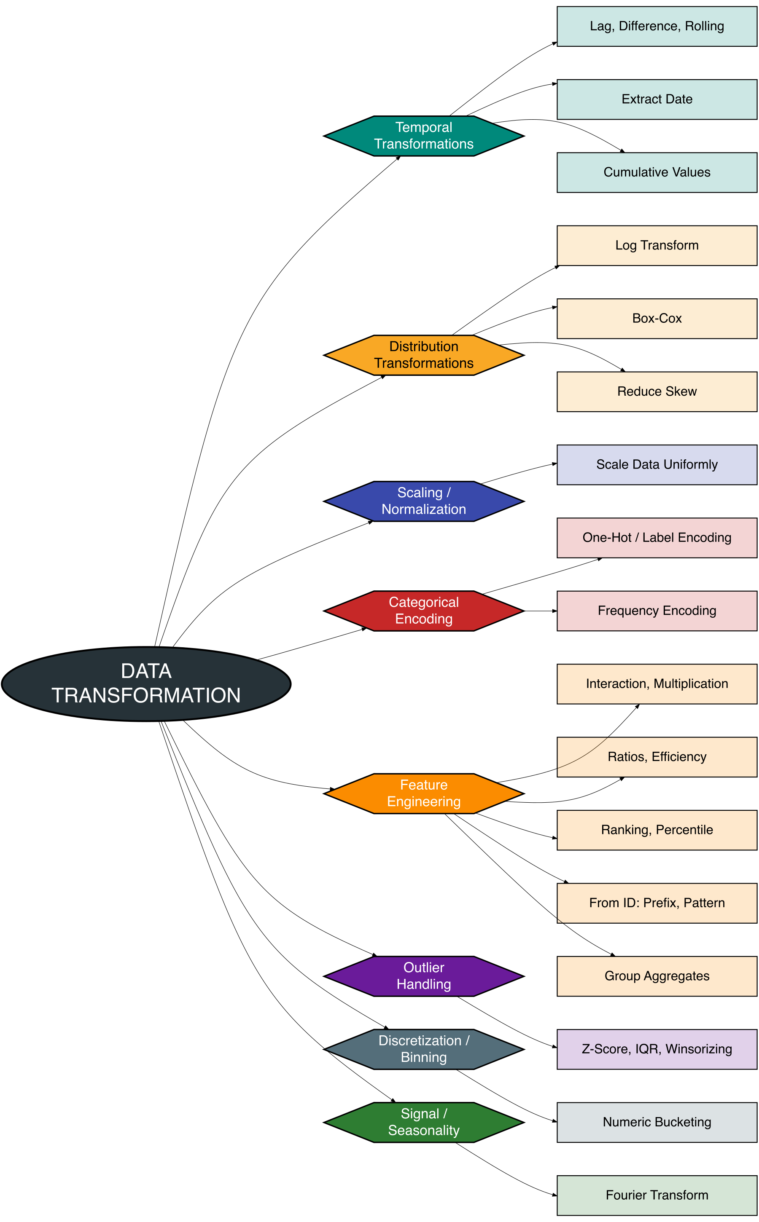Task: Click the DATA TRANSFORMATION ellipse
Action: [x=146, y=684]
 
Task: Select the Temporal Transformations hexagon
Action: [x=424, y=136]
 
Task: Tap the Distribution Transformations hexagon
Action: [x=424, y=355]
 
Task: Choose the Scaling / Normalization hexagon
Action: [x=424, y=501]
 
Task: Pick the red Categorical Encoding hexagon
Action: [x=424, y=611]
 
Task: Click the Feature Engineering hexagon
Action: [x=424, y=793]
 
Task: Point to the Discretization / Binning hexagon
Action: [x=424, y=1049]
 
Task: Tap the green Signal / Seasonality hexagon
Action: [x=424, y=1122]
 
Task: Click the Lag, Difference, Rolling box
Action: [x=657, y=27]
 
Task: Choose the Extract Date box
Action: [x=657, y=99]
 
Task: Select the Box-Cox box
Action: [x=657, y=319]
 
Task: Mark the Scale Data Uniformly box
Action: [x=657, y=464]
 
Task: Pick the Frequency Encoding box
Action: [x=657, y=611]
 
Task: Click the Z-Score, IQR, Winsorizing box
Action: [x=657, y=1049]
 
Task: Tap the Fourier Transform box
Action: [x=657, y=1195]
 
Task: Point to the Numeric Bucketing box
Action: [x=657, y=1122]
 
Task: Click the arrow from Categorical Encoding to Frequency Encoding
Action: [x=540, y=611]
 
